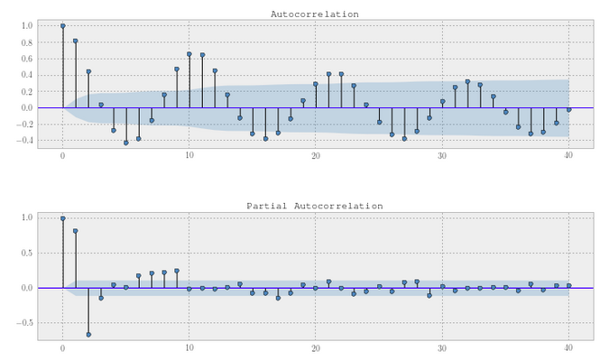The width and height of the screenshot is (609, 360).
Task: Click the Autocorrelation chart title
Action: point(315,14)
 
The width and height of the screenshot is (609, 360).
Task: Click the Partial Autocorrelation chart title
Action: point(315,206)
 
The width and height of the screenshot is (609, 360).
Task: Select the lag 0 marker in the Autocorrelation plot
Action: point(63,26)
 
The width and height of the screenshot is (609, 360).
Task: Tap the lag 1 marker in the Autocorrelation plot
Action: point(76,41)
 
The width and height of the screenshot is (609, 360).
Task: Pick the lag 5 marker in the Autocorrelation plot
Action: point(125,143)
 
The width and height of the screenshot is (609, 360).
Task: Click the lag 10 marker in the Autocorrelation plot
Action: point(189,54)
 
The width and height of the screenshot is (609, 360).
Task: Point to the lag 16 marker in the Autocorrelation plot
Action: point(265,139)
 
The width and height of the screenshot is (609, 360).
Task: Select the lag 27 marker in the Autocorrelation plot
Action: point(404,139)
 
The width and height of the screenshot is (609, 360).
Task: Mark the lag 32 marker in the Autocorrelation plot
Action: point(467,81)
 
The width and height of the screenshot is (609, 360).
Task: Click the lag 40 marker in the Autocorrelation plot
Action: point(569,110)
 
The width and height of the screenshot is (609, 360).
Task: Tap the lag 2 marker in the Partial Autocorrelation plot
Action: point(88,335)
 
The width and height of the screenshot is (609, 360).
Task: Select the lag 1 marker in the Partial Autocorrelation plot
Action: point(76,231)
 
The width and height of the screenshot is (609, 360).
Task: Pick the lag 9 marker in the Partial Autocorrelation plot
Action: point(177,271)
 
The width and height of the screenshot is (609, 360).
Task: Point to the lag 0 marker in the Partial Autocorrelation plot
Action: point(63,218)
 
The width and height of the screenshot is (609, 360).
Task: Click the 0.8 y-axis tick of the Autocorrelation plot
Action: point(27,42)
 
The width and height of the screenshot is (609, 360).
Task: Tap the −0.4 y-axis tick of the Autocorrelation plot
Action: point(24,140)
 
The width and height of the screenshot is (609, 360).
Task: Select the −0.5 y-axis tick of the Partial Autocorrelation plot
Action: point(24,323)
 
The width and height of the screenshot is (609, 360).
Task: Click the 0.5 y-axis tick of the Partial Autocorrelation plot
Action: point(27,253)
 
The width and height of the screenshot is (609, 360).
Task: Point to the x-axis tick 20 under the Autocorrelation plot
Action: point(316,156)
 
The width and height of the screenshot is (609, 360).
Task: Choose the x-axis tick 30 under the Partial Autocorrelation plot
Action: point(442,348)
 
